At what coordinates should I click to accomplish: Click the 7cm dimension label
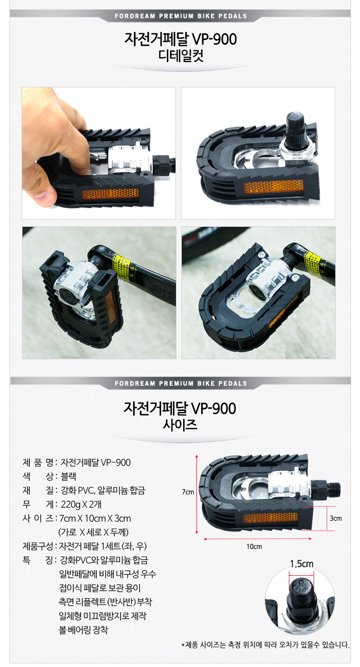pyautogui.click(x=188, y=492)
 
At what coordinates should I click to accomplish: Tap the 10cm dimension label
pyautogui.click(x=254, y=546)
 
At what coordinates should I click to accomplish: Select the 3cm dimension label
pyautogui.click(x=336, y=518)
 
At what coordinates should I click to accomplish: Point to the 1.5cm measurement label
pyautogui.click(x=301, y=564)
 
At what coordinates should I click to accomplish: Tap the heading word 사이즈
pyautogui.click(x=180, y=424)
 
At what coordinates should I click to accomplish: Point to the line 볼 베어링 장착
pyautogui.click(x=83, y=630)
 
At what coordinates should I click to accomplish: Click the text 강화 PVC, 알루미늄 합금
pyautogui.click(x=103, y=491)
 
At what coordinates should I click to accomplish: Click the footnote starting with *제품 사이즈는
pyautogui.click(x=265, y=645)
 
